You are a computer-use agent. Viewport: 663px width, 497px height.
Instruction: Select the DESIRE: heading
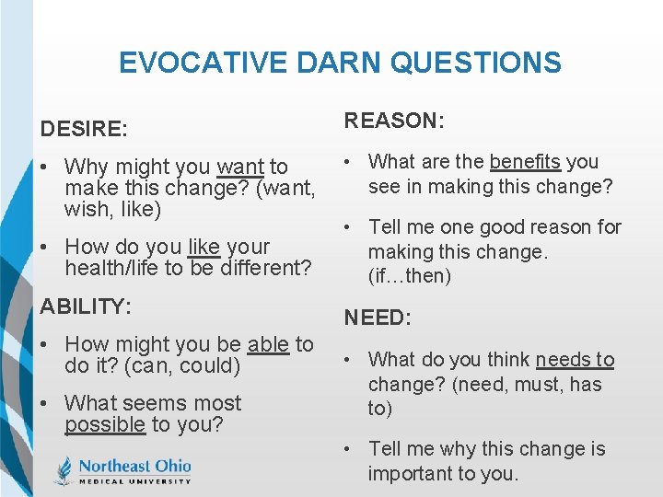[84, 129]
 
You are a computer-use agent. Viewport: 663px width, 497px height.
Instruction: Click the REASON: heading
[395, 121]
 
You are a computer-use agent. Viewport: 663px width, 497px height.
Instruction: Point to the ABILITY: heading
[86, 306]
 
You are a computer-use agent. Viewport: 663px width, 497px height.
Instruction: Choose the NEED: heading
[378, 318]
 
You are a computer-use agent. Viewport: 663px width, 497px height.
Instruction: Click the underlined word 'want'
[240, 168]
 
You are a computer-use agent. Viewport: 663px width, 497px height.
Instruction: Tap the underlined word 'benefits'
[525, 162]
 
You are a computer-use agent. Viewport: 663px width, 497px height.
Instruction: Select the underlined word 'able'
[268, 345]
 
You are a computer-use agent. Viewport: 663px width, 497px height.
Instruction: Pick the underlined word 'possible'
[105, 425]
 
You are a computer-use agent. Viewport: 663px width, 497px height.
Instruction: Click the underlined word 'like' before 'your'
[204, 248]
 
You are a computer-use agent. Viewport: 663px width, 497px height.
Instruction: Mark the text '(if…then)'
[410, 276]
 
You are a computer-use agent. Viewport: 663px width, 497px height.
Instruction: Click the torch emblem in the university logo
[63, 470]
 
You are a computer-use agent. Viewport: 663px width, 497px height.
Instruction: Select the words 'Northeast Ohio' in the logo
[134, 465]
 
